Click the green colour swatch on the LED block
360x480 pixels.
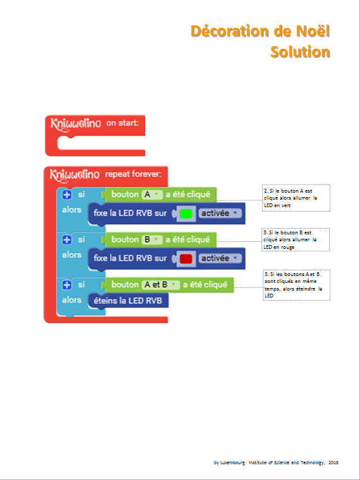[186, 213]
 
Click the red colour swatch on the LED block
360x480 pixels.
[186, 259]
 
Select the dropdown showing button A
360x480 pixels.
[152, 195]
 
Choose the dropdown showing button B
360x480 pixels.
[152, 239]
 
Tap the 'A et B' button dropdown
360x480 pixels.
[160, 285]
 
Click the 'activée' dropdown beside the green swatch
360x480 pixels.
[220, 213]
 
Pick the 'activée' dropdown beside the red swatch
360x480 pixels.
[220, 259]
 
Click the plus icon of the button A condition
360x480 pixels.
[67, 195]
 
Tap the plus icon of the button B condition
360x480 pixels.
[67, 240]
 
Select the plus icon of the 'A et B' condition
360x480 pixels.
[67, 285]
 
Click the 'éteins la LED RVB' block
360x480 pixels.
[128, 301]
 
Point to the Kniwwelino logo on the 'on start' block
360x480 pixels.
[75, 124]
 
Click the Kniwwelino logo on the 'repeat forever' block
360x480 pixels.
[75, 175]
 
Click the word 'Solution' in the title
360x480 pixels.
[300, 52]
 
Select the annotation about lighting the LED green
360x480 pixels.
[296, 198]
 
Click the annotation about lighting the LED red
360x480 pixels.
[296, 240]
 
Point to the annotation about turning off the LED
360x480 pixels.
[296, 285]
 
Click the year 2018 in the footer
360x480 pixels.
[333, 462]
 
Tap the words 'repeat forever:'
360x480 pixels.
[133, 174]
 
